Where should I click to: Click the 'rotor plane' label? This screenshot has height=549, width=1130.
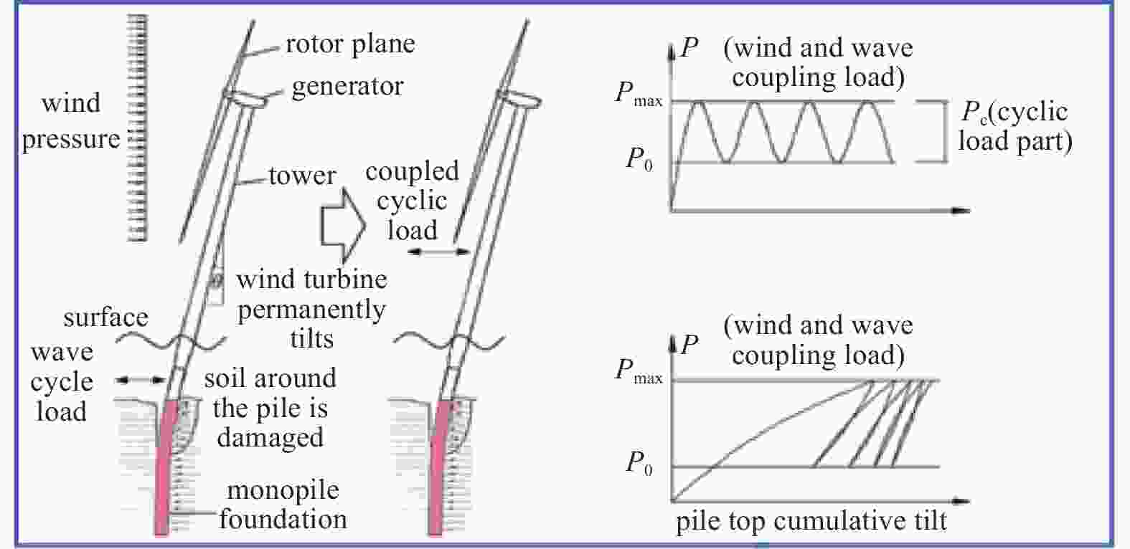coord(350,44)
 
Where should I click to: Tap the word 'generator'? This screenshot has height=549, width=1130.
coord(347,86)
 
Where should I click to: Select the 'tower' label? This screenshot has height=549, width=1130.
coord(301,176)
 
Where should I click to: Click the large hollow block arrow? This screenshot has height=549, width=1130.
coord(343,225)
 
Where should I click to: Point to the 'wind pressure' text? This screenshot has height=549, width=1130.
coord(71,122)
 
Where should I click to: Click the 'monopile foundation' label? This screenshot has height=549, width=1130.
coord(283,505)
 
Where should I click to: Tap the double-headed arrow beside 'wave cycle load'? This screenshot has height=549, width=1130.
coord(140,380)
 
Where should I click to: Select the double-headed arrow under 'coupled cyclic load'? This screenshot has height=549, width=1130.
coord(438,251)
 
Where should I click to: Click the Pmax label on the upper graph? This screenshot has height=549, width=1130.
coord(639,94)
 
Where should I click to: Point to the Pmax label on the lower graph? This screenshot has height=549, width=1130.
coord(639,371)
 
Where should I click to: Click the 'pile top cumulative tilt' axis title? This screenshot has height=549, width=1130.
coord(811,522)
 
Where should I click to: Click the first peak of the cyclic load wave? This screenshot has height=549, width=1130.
coord(698,102)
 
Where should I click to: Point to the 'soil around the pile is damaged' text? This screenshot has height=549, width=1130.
coord(270,408)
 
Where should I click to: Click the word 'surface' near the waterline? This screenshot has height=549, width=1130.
coord(106,318)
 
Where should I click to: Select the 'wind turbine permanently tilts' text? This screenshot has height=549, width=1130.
coord(312,309)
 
